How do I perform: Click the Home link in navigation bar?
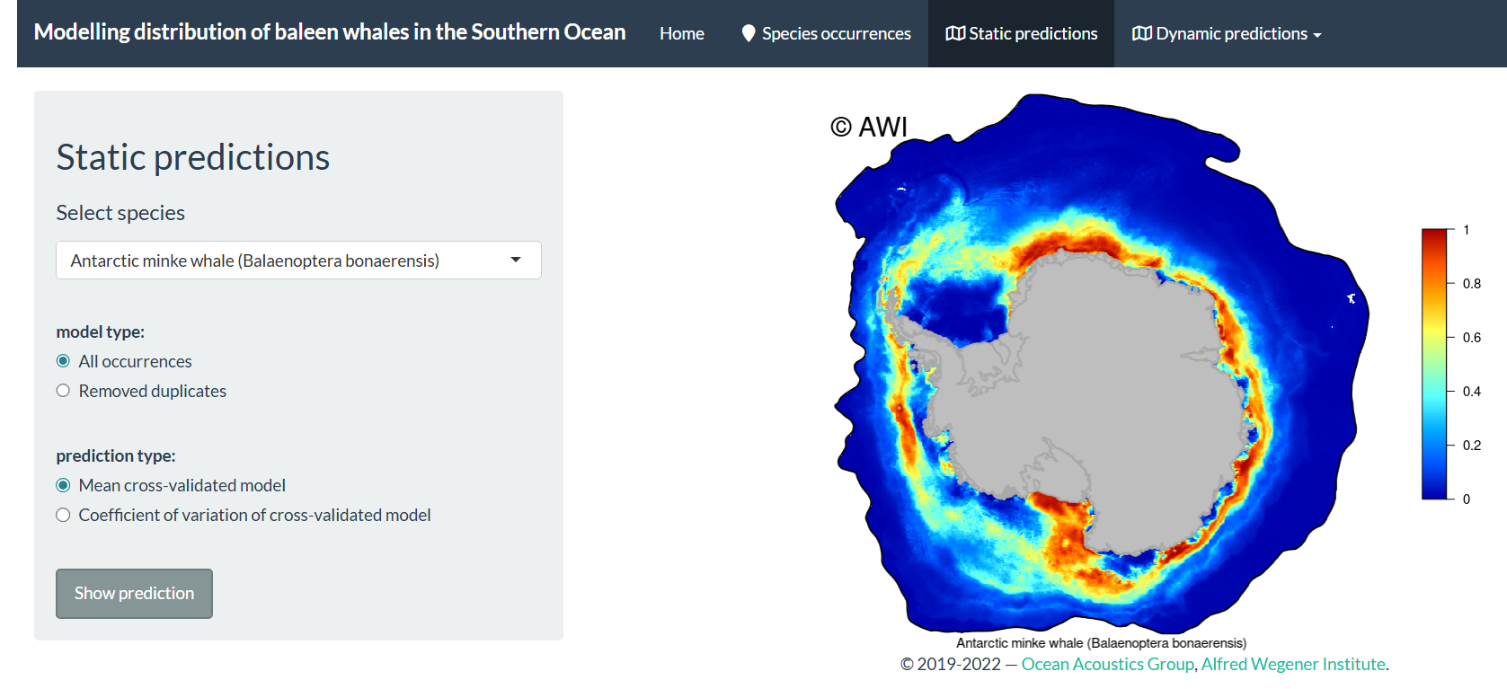[681, 34]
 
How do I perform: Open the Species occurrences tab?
[826, 34]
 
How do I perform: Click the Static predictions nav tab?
[1022, 34]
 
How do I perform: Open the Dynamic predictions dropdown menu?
[1227, 34]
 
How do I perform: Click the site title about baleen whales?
[330, 32]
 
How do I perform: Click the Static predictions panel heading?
[193, 157]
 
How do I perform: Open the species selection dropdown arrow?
[516, 260]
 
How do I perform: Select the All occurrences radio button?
[63, 361]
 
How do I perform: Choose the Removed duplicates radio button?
[63, 391]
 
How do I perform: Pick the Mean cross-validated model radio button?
[63, 485]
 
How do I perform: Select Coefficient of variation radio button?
[63, 515]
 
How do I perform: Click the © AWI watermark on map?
[869, 127]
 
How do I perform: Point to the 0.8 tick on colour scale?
[1471, 284]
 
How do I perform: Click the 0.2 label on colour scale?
[1471, 446]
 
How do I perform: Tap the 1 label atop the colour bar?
[1467, 230]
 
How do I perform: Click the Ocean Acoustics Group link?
[1107, 664]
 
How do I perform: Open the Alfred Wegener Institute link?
[1293, 664]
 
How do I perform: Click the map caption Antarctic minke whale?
[1101, 643]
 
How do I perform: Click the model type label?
[100, 331]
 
